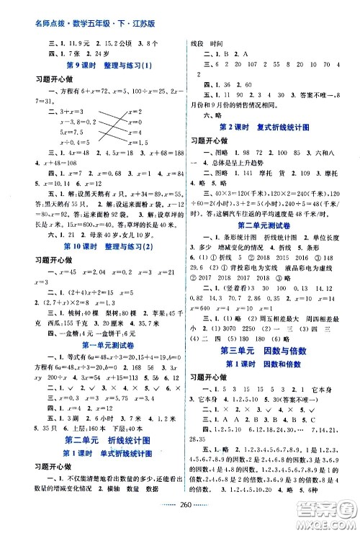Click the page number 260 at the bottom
[x=181, y=516]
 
